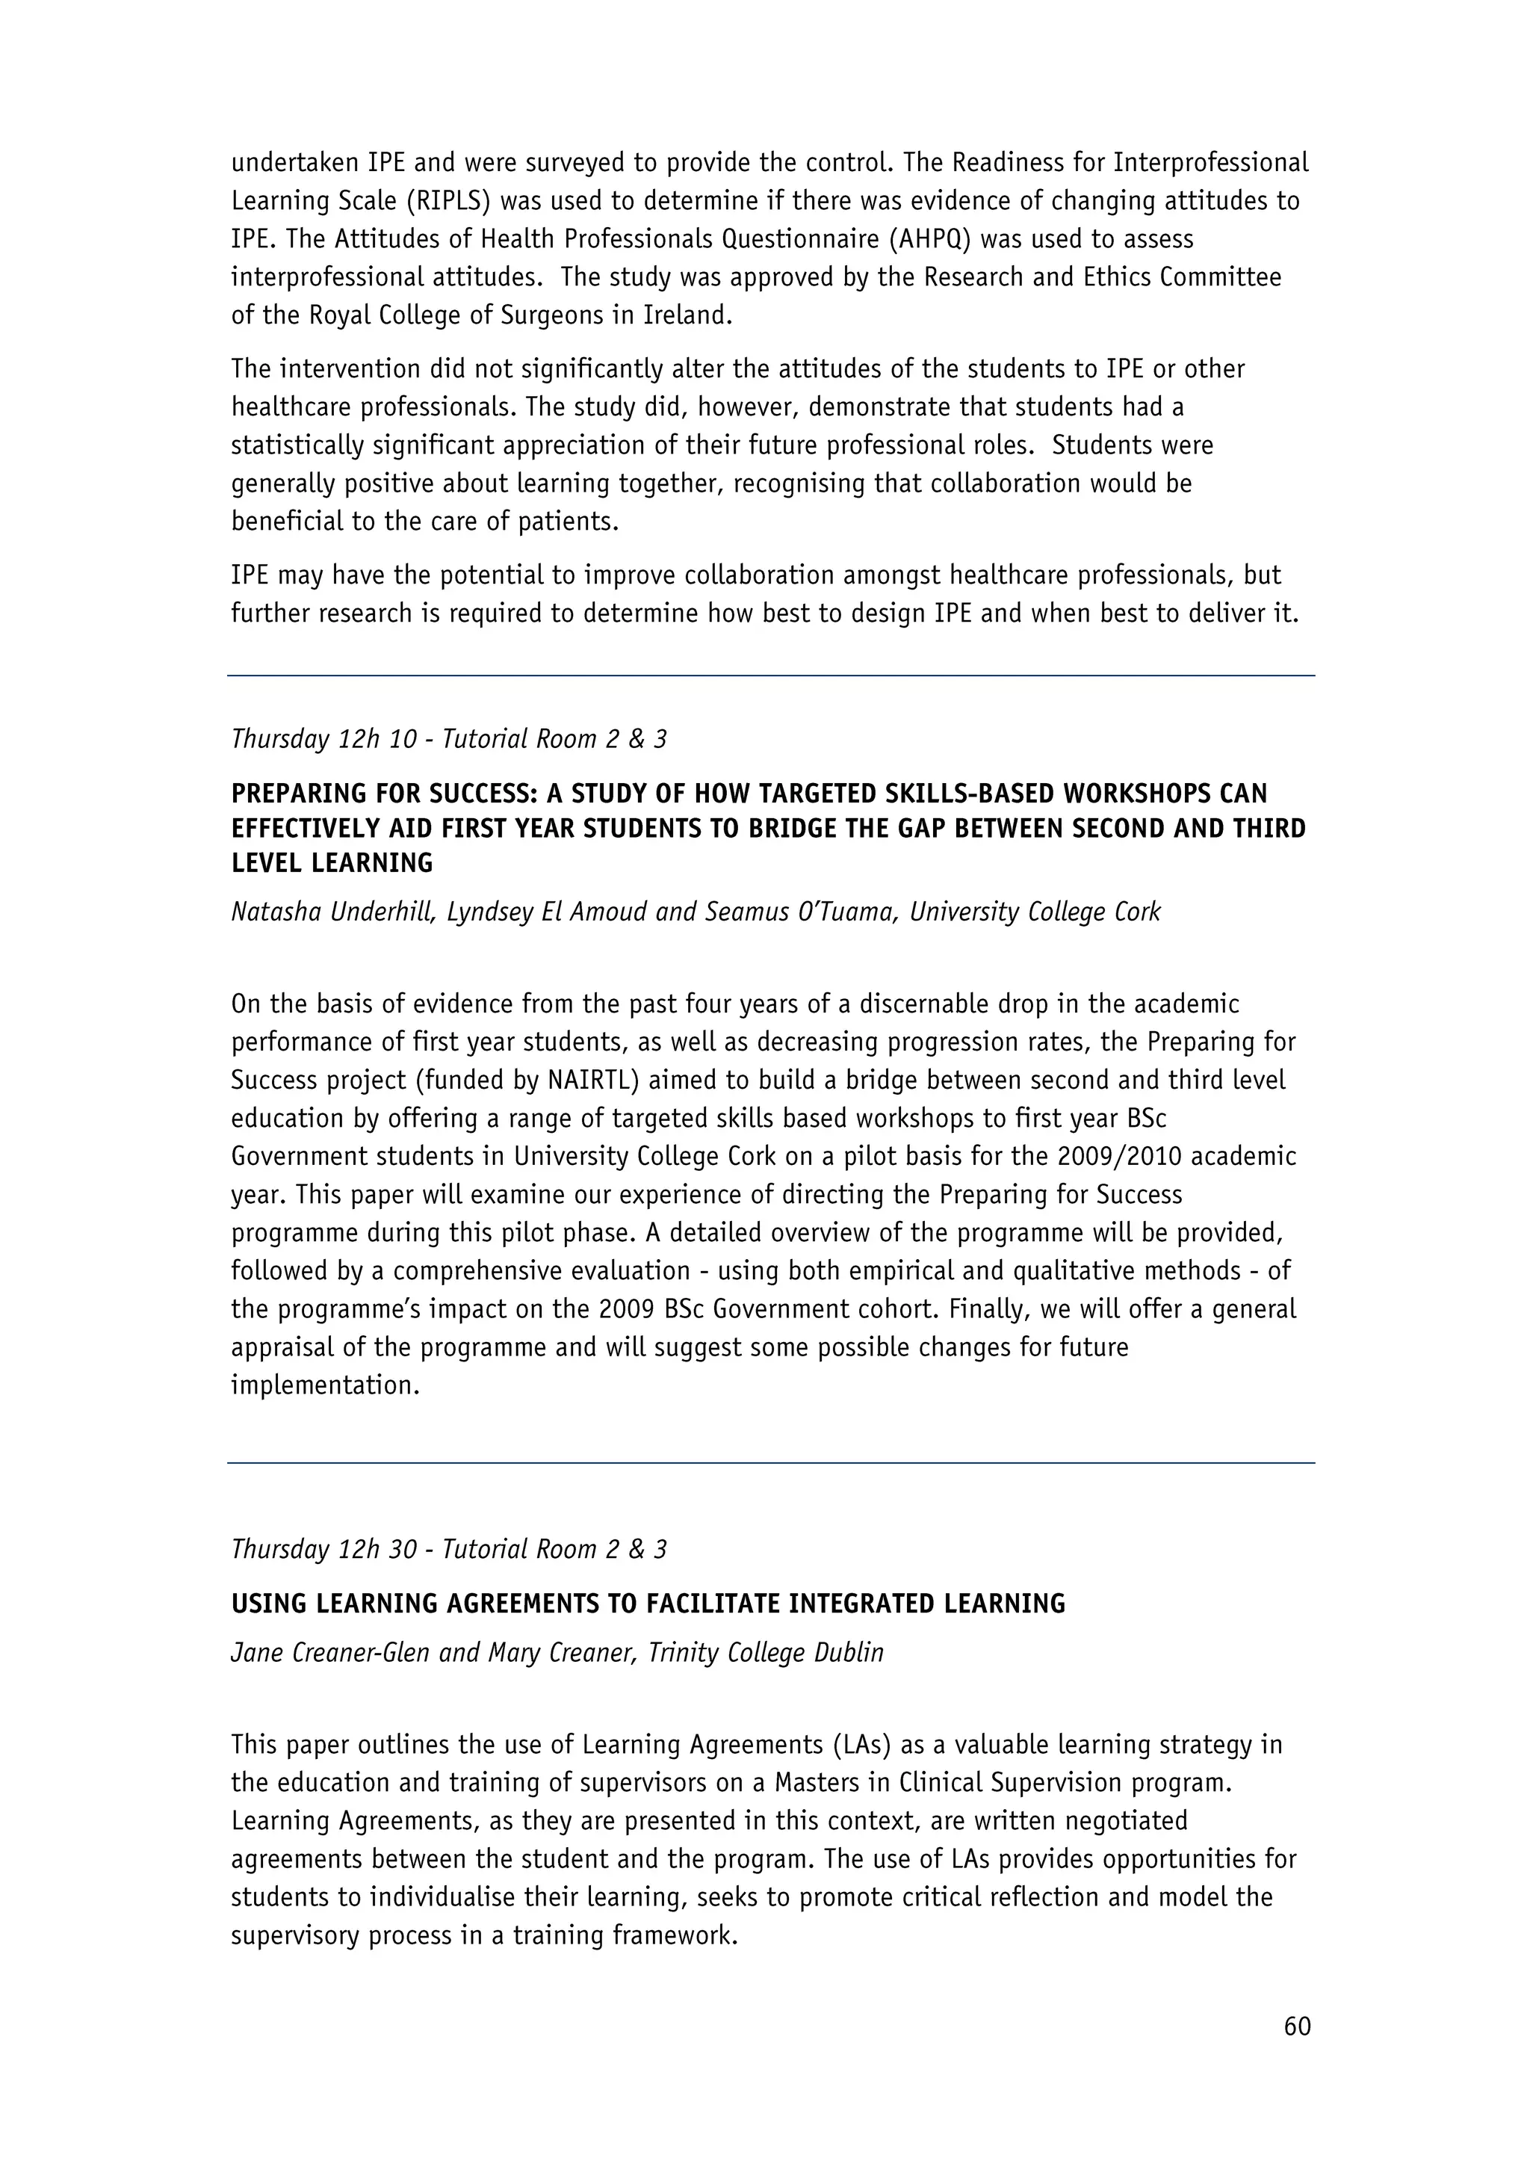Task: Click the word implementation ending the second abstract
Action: (324, 1385)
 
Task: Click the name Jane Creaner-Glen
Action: (329, 1653)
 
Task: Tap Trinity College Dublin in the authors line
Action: (766, 1653)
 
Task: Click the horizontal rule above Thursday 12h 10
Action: (771, 676)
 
